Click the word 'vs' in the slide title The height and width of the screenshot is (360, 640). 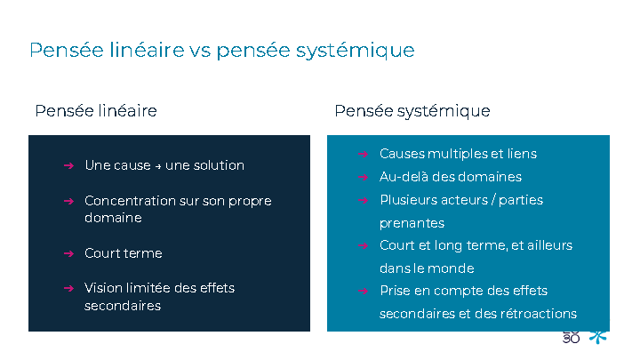point(200,51)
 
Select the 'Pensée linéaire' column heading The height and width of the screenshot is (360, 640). point(96,110)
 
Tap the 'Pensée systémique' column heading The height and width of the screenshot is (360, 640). point(412,111)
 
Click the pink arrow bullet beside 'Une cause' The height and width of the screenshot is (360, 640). point(68,165)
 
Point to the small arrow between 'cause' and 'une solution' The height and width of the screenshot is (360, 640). point(158,166)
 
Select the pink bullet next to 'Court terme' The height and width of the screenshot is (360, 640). point(68,254)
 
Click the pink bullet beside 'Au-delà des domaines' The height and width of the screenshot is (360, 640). point(363,177)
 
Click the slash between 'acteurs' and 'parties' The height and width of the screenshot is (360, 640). point(494,200)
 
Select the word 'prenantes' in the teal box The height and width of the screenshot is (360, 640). point(412,223)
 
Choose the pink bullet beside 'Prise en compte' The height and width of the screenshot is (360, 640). point(363,291)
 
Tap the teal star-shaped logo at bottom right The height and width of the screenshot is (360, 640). point(598,337)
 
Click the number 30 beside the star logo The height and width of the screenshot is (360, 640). point(571,338)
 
